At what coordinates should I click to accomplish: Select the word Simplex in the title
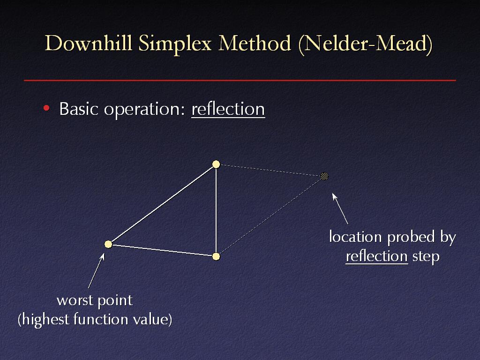tap(175, 45)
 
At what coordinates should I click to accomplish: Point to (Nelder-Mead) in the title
tap(365, 45)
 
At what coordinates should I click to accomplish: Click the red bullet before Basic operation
tap(46, 108)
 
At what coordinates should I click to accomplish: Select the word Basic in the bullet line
tap(79, 108)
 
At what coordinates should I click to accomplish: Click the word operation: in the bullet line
tap(144, 110)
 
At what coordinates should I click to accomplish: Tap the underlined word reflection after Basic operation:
tap(228, 109)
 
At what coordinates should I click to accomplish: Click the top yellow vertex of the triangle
tap(216, 165)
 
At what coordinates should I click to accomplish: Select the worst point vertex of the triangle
tap(108, 244)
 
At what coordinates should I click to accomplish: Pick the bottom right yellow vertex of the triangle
tap(216, 256)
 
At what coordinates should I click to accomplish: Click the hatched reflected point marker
tap(324, 176)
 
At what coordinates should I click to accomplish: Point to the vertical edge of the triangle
tap(216, 210)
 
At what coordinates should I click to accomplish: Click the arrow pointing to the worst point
tap(96, 270)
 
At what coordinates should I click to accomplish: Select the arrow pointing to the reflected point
tap(340, 209)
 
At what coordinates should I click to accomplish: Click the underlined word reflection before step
tap(377, 256)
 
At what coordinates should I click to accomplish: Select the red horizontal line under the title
tap(240, 81)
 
